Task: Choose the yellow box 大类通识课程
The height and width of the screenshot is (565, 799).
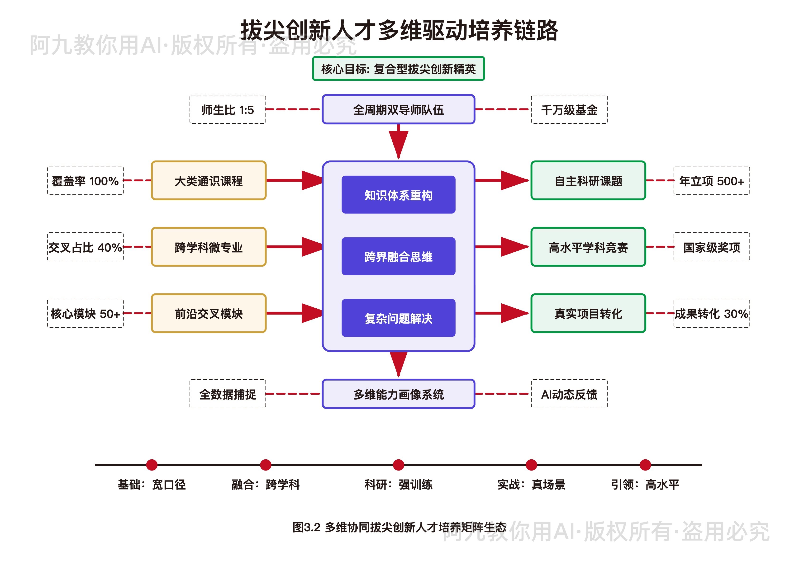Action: (x=209, y=181)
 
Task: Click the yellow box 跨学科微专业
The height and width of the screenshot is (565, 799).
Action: (x=209, y=247)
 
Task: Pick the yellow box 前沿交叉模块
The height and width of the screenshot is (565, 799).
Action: (x=209, y=313)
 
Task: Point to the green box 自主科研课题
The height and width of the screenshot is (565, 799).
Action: (x=588, y=181)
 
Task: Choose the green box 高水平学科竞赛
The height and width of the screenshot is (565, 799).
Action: (x=588, y=247)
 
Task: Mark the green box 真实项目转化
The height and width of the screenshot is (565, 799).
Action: (x=588, y=313)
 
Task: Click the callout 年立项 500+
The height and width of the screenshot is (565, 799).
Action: (x=711, y=181)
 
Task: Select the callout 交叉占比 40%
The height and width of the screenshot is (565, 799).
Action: (x=85, y=247)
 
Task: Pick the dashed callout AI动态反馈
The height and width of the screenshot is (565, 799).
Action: (x=569, y=394)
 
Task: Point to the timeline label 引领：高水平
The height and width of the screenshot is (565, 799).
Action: (x=645, y=484)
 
